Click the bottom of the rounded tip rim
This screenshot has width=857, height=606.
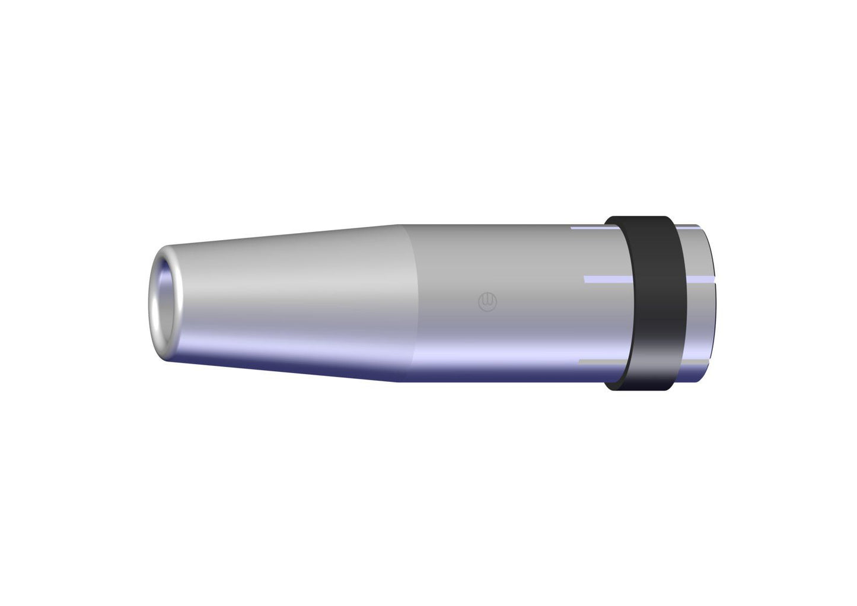tap(168, 355)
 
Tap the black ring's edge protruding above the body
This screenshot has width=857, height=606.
tap(641, 220)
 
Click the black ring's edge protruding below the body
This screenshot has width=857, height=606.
tap(641, 388)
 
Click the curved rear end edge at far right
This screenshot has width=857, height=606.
tap(705, 302)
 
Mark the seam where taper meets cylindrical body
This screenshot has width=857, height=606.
tap(409, 302)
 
